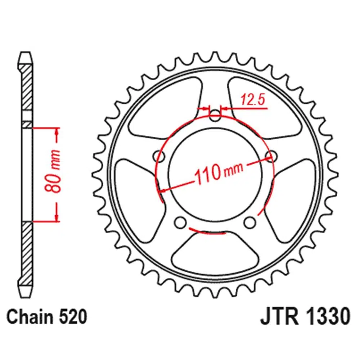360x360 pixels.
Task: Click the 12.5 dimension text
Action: tap(253, 99)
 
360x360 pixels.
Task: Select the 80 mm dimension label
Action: tap(53, 171)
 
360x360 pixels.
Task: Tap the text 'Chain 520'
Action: tap(46, 317)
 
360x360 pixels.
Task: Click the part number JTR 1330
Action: tap(305, 317)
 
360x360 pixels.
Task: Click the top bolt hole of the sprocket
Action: tap(215, 116)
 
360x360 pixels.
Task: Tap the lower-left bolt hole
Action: tap(180, 222)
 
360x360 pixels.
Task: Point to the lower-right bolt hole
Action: tap(250, 222)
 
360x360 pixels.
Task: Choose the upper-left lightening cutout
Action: tap(165, 108)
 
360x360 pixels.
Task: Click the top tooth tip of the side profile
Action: tap(25, 53)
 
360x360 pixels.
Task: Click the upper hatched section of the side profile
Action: tap(27, 87)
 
